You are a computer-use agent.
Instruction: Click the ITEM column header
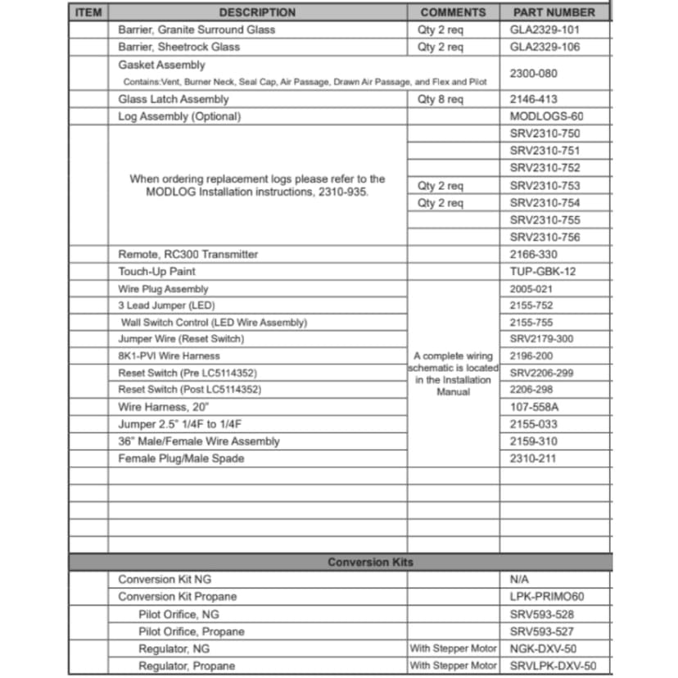pos(88,12)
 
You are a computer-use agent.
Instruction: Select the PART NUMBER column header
pos(554,12)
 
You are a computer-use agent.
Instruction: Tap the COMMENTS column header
pos(453,12)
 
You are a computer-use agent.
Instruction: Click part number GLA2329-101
pos(545,29)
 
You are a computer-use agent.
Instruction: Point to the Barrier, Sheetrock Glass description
pos(179,47)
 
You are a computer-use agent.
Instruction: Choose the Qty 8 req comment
pos(440,99)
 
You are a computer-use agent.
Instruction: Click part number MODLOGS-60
pos(546,116)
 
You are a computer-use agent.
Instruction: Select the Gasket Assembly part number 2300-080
pos(533,73)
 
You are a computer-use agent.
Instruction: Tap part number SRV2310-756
pos(545,237)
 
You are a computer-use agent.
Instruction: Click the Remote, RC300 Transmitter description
pos(188,255)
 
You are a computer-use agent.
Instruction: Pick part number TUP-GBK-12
pos(543,272)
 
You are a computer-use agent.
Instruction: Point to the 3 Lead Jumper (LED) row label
pos(166,305)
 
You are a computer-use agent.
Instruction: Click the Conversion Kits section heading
pos(370,562)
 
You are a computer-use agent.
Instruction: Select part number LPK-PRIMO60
pos(547,596)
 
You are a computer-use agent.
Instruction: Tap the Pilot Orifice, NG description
pos(179,614)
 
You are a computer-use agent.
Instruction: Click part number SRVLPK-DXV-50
pos(553,666)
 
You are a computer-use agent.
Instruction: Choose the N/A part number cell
pos(519,579)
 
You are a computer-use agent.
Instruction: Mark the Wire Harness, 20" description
pos(164,407)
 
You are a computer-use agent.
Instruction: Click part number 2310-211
pos(532,459)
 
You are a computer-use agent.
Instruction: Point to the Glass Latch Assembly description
pos(174,99)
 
